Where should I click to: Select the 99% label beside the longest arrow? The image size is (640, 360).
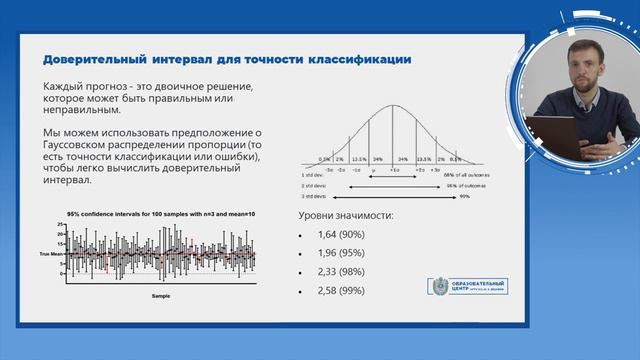coord(464,197)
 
